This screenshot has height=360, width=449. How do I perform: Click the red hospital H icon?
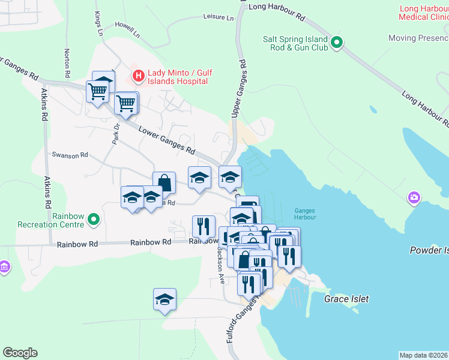(x=139, y=76)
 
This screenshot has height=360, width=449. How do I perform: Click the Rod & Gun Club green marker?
(x=337, y=43)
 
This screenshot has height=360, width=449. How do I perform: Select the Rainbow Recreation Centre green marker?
(x=93, y=220)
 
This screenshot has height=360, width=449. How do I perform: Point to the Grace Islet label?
(x=346, y=298)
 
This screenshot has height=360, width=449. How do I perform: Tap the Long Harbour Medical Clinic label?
(x=423, y=13)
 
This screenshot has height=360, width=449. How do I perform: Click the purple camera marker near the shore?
(x=414, y=197)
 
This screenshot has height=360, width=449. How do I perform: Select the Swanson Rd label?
(x=70, y=155)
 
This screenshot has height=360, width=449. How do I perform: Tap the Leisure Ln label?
(x=218, y=17)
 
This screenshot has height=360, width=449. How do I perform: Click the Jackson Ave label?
(x=220, y=264)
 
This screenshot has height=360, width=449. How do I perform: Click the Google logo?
(x=20, y=353)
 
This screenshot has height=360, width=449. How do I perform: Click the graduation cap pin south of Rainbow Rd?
(x=164, y=299)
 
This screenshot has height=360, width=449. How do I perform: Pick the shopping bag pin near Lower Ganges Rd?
(x=164, y=183)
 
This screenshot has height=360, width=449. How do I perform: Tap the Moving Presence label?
(x=418, y=38)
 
